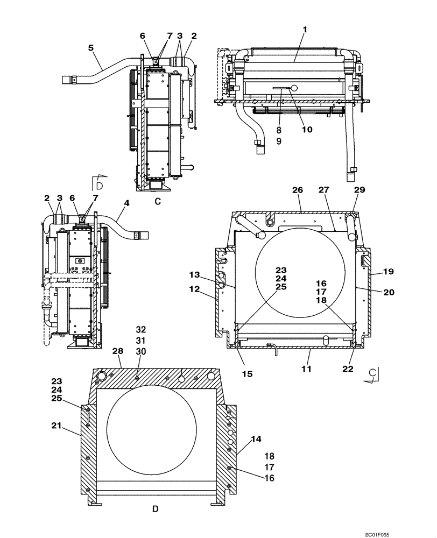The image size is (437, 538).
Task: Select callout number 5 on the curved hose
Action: point(91,48)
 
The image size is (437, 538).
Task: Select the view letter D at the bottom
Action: point(155,508)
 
